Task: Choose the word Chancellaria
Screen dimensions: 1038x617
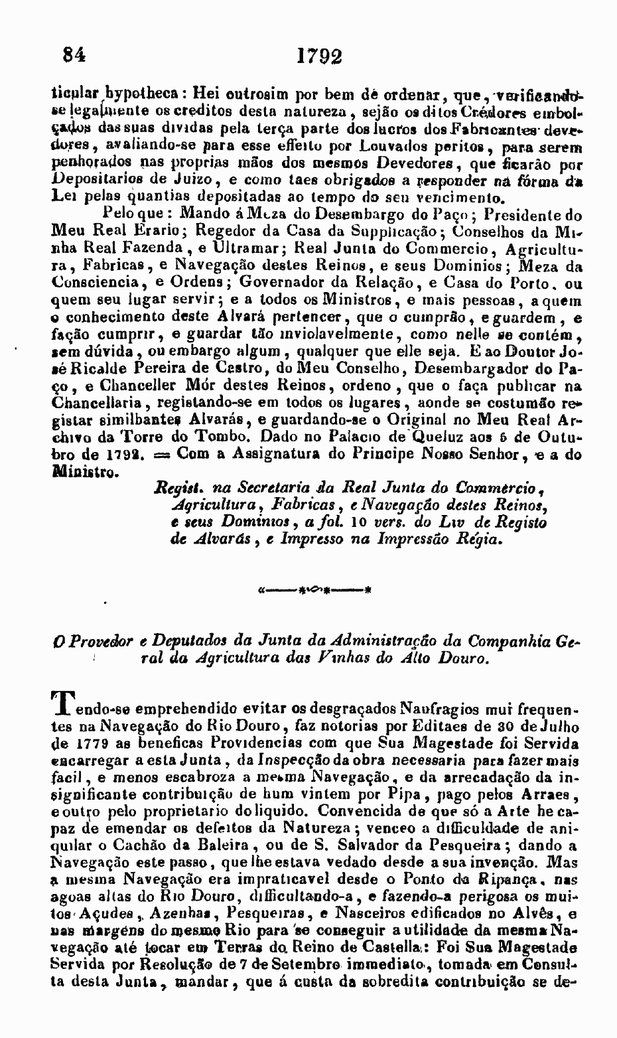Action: point(93,402)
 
